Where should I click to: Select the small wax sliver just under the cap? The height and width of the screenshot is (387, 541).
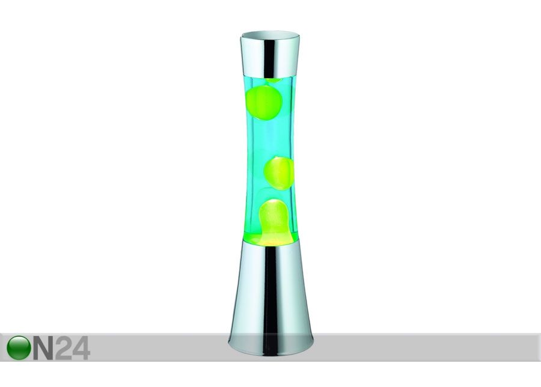tap(273, 81)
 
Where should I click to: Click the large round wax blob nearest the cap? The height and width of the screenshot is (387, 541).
tap(264, 102)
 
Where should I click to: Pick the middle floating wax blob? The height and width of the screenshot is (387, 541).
tap(279, 174)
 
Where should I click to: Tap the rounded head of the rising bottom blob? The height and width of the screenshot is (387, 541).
tap(272, 210)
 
